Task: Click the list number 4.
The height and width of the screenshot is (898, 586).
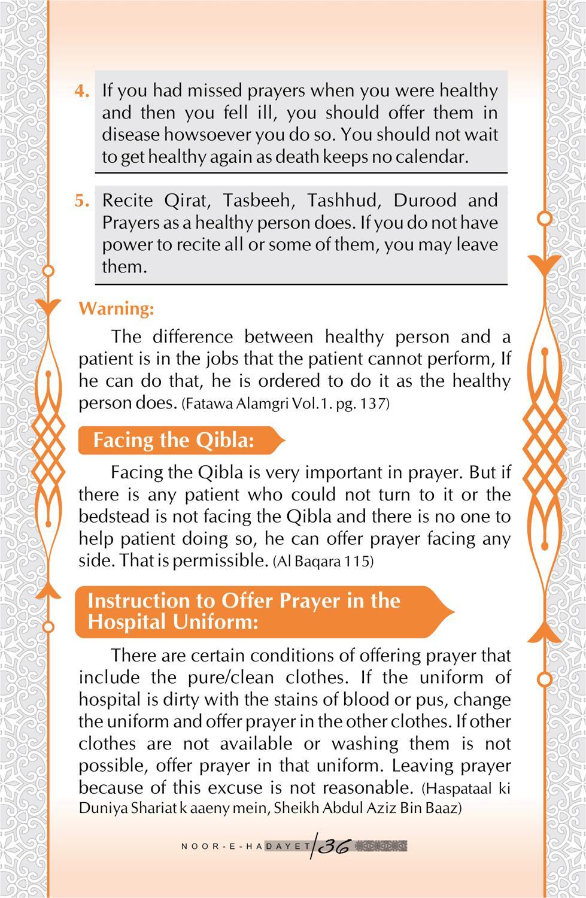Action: point(82,92)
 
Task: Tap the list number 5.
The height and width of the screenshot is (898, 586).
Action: point(82,201)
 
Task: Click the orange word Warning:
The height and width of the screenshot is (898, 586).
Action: point(116,309)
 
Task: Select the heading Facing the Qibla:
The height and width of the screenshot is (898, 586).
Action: point(174,441)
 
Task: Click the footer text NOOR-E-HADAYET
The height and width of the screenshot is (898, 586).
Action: point(246,847)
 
